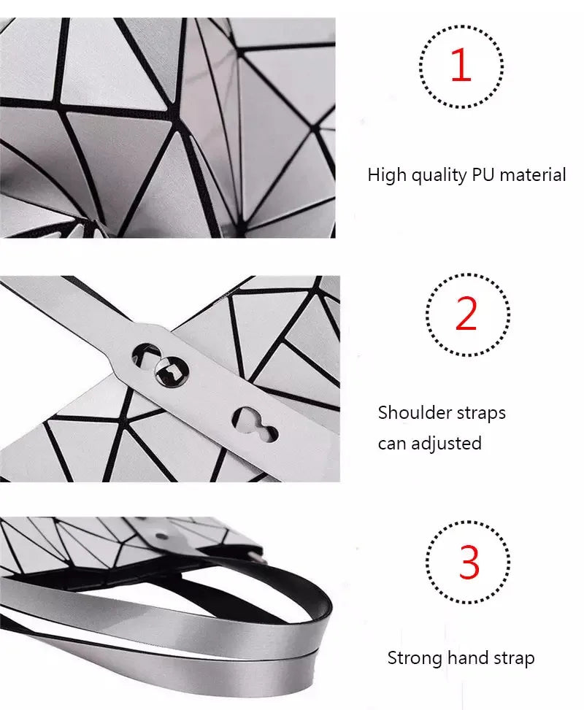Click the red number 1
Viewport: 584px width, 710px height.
tap(461, 66)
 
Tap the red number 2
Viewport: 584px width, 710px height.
tap(466, 315)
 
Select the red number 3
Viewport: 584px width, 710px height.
tap(469, 563)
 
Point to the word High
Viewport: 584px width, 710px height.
tap(385, 175)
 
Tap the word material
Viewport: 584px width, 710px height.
tap(533, 175)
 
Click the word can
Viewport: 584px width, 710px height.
tap(393, 444)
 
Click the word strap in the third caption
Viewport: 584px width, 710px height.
tap(512, 658)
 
